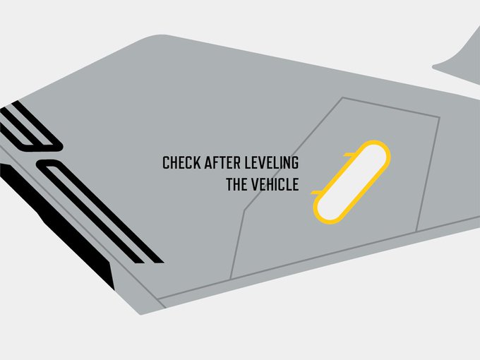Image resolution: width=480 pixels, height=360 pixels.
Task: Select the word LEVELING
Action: point(271,163)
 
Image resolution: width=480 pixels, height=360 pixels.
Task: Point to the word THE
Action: point(237,186)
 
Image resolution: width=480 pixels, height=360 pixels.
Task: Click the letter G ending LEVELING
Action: point(295,163)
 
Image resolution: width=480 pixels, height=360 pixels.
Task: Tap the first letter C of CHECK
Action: point(166,163)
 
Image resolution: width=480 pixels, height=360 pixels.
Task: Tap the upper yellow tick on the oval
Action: point(349,152)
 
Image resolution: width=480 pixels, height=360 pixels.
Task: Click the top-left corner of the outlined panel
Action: point(342,97)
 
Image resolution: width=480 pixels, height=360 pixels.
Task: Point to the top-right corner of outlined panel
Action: point(439,117)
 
